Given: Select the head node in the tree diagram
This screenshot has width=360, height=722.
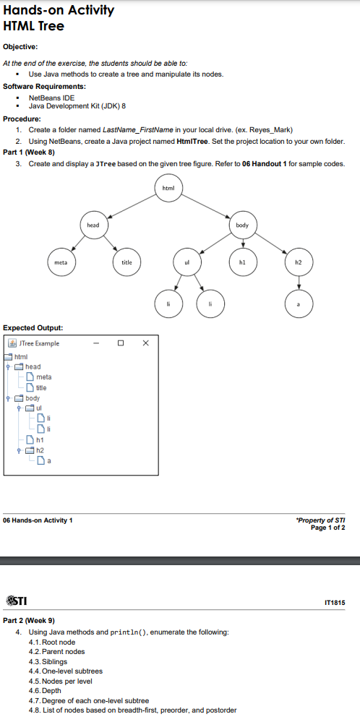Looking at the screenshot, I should pyautogui.click(x=93, y=225).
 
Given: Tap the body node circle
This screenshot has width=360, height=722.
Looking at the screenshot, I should pyautogui.click(x=242, y=225).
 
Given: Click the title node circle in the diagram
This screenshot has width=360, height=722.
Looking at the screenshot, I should pyautogui.click(x=127, y=262).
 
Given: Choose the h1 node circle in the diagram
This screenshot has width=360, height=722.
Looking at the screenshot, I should pyautogui.click(x=244, y=262).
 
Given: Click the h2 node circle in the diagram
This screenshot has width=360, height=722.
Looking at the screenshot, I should pyautogui.click(x=299, y=262).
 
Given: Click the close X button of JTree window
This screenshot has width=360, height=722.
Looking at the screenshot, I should pyautogui.click(x=145, y=343).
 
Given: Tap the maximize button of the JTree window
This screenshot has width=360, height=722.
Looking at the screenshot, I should pyautogui.click(x=121, y=343).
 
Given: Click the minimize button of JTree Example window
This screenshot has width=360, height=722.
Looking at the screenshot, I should pyautogui.click(x=95, y=343).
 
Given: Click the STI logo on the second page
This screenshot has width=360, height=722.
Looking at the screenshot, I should pyautogui.click(x=17, y=601).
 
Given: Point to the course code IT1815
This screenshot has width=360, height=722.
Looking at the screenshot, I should pyautogui.click(x=335, y=601).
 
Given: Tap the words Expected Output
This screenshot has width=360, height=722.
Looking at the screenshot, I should pyautogui.click(x=27, y=327).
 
